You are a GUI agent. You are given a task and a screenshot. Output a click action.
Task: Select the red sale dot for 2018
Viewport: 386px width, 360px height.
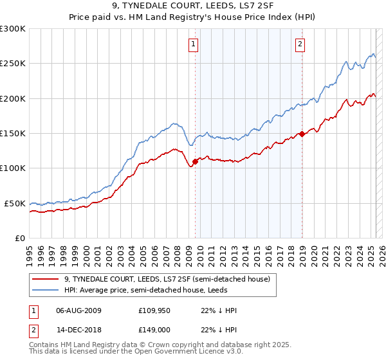302,134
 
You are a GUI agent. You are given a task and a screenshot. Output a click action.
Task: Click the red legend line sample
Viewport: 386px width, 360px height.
46,279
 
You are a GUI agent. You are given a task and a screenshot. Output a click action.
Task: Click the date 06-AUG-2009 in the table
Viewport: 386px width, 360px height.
78,310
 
